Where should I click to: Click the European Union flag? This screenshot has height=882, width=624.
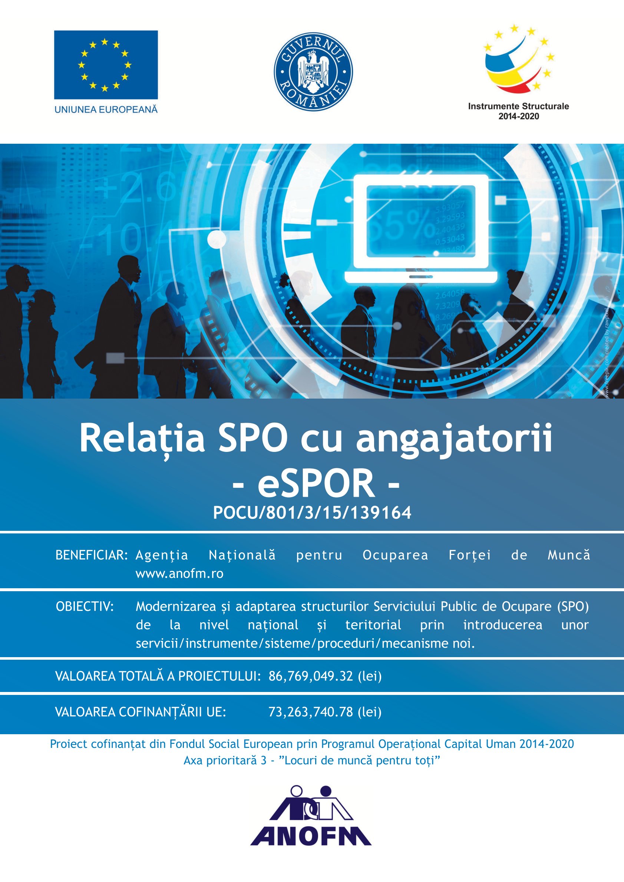(106, 64)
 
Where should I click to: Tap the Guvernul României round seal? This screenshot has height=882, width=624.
(313, 71)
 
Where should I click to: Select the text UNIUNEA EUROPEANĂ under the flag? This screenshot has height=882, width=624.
(106, 110)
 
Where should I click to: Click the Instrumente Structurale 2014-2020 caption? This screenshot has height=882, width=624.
(518, 111)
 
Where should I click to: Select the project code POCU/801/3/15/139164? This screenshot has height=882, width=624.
(312, 513)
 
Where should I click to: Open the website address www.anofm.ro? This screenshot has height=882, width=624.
(179, 574)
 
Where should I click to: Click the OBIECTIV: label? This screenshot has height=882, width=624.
(85, 607)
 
